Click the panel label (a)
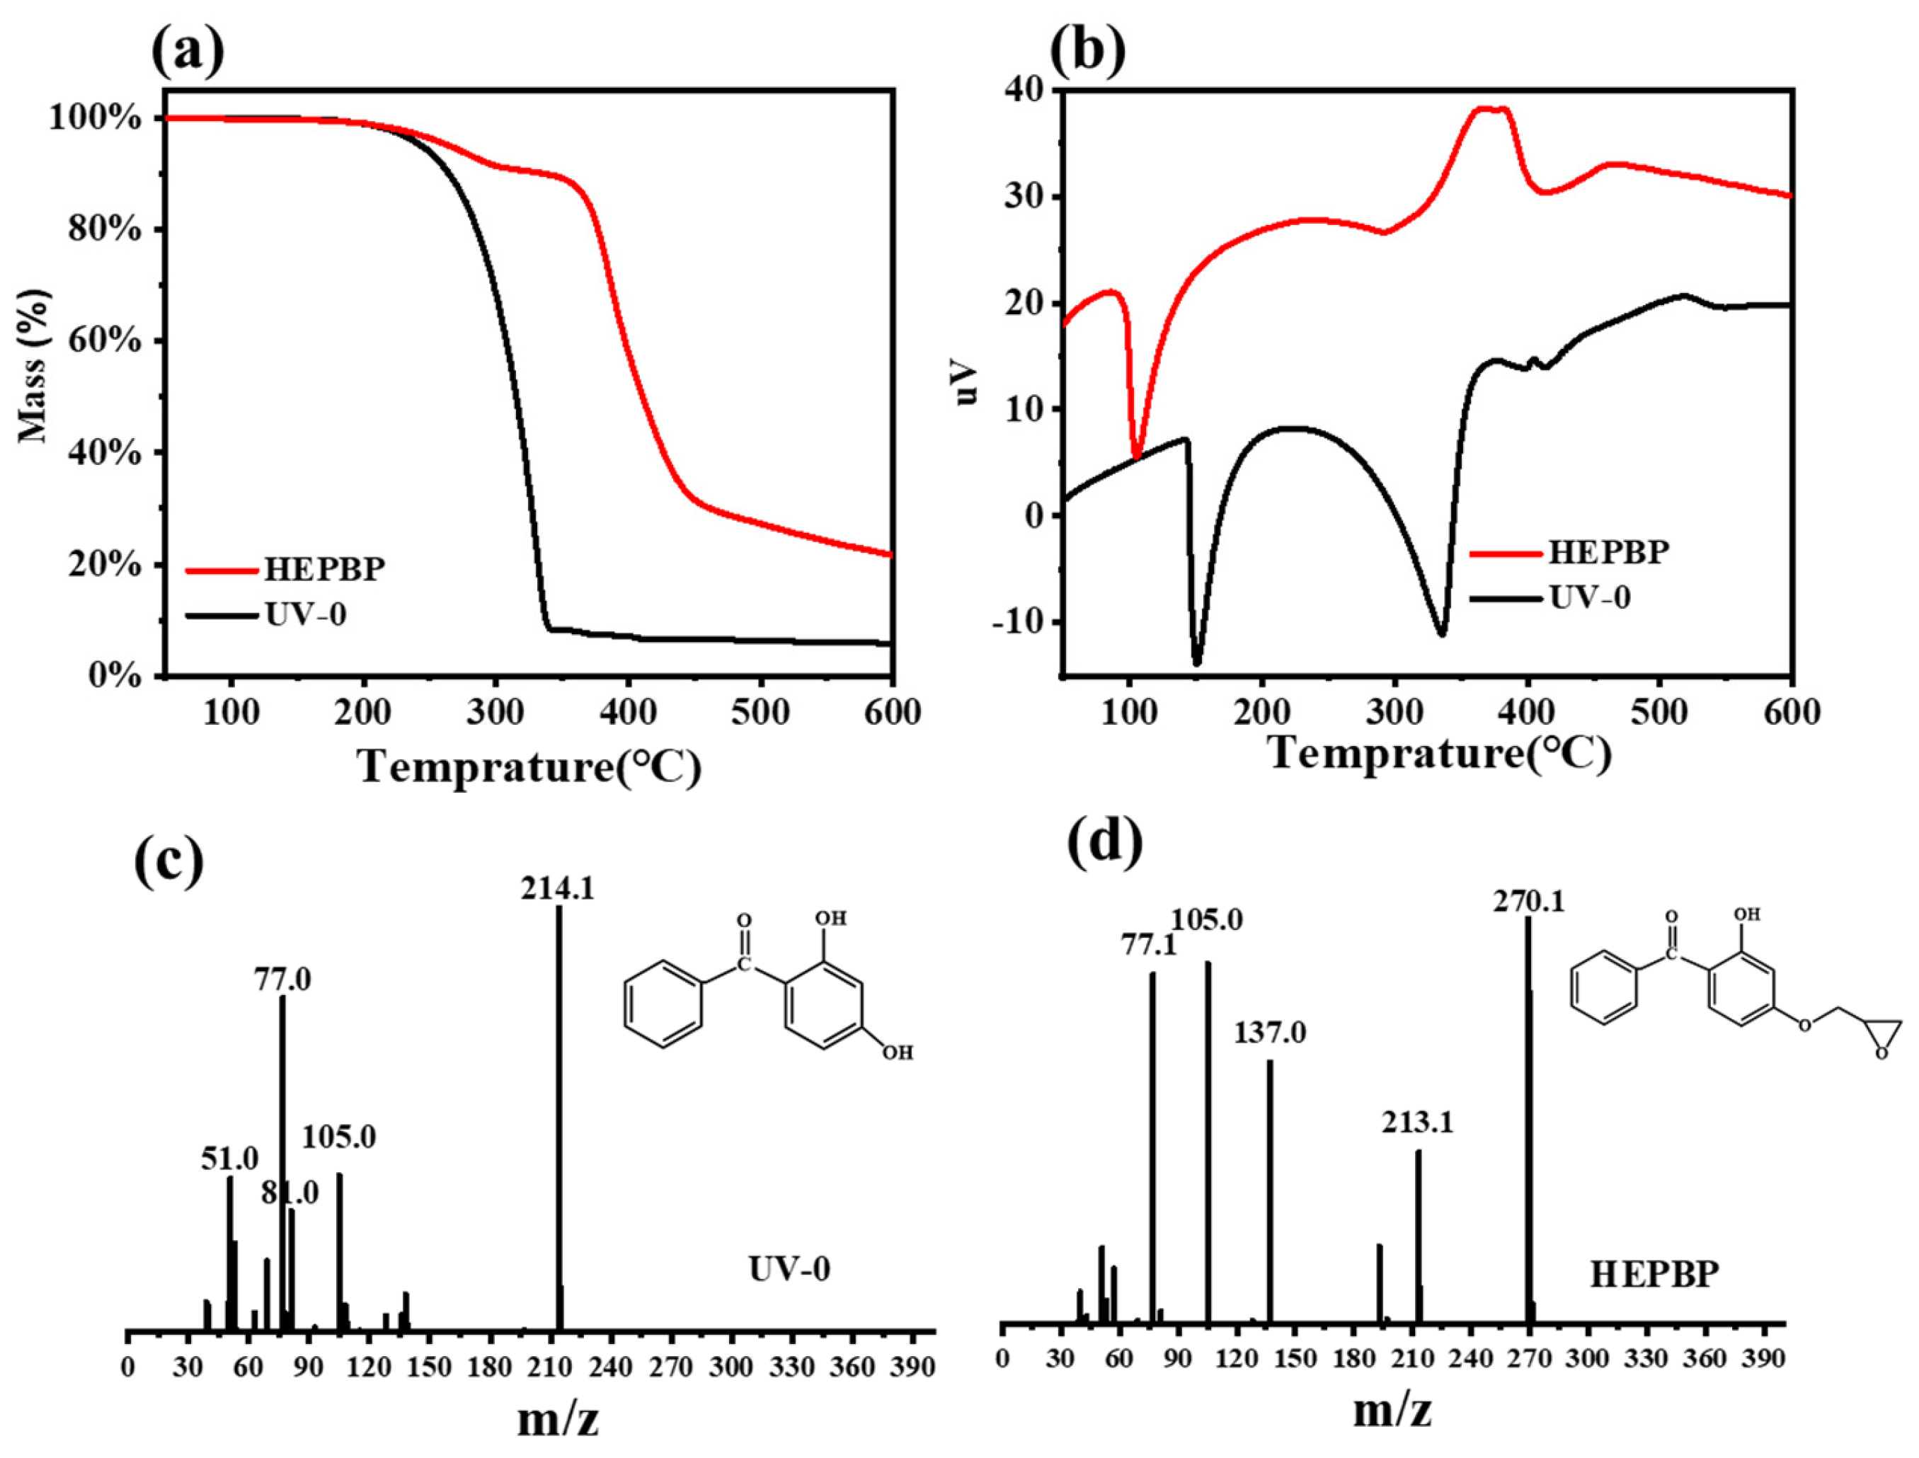click(188, 52)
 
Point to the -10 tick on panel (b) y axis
click(1024, 621)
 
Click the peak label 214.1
click(558, 889)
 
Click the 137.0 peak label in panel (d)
click(1270, 1033)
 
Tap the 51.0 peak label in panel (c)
click(229, 1159)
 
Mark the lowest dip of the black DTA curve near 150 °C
click(1198, 664)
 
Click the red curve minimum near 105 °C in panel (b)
click(1137, 455)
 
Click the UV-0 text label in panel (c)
click(789, 1269)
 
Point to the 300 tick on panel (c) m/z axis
click(732, 1367)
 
